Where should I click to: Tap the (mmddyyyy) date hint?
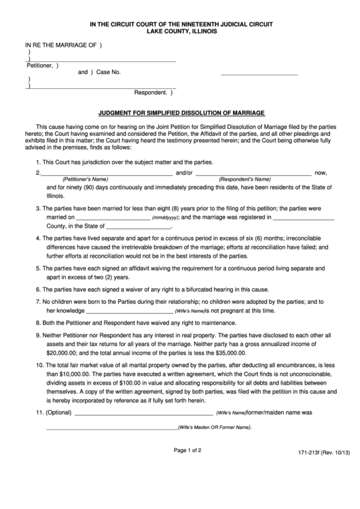pos(166,218)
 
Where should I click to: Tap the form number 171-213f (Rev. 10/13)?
pos(323,470)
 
